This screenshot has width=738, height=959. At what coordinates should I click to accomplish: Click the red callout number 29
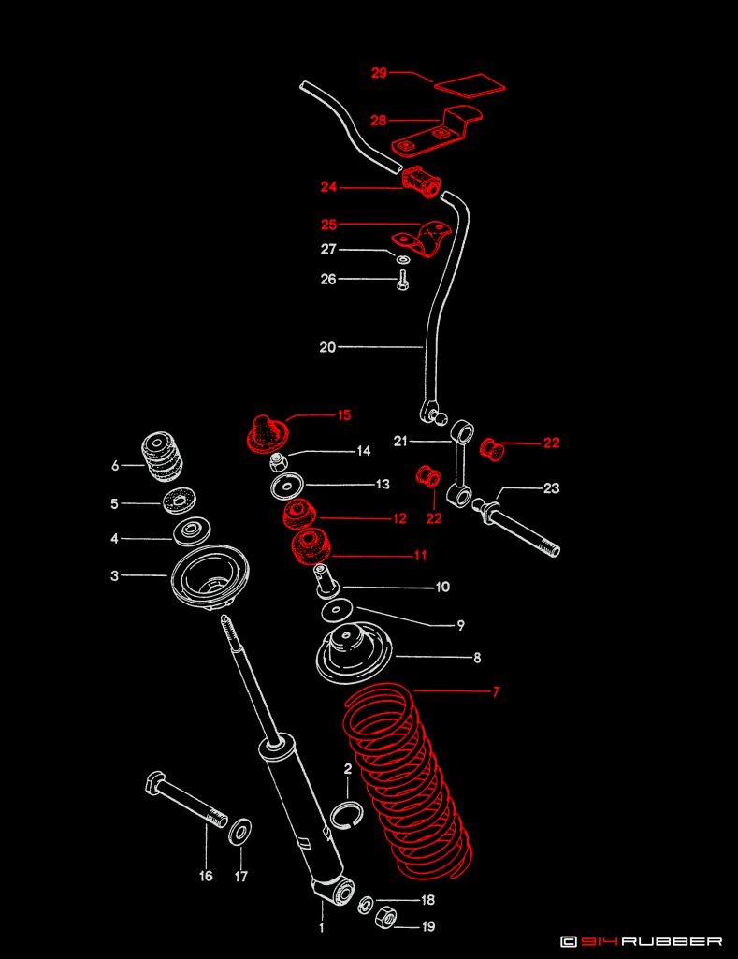(379, 73)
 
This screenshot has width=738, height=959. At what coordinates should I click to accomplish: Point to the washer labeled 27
(402, 260)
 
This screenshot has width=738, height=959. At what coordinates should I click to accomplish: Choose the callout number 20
(327, 347)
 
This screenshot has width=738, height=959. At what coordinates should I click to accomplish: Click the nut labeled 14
(278, 462)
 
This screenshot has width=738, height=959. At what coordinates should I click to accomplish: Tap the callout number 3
(115, 575)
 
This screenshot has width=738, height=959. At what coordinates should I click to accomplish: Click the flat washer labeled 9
(337, 610)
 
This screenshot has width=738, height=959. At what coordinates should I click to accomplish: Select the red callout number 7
(496, 692)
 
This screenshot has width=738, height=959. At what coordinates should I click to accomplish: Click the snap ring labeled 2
(347, 813)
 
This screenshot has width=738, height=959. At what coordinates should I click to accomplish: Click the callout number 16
(206, 876)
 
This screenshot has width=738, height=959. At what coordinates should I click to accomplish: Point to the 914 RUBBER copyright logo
(642, 941)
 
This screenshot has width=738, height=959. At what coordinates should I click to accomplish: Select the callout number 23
(552, 488)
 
